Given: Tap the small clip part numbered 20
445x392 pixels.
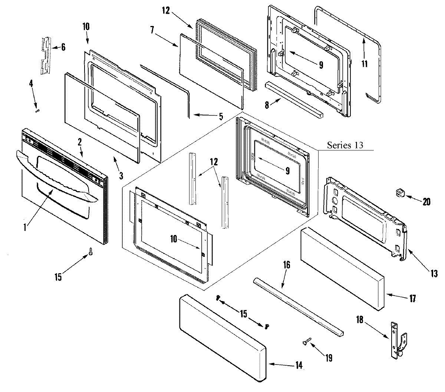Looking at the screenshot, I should point(400,192).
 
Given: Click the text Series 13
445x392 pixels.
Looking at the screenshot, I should point(345,145).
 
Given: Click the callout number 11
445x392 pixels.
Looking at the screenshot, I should point(365,63).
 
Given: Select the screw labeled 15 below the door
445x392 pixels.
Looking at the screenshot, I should point(90,252).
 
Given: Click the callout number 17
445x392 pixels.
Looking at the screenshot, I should point(412,298).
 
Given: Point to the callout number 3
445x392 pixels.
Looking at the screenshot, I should point(121,174).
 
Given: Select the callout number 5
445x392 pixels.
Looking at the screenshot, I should point(221,117).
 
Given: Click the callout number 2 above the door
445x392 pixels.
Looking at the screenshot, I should point(79,141).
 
